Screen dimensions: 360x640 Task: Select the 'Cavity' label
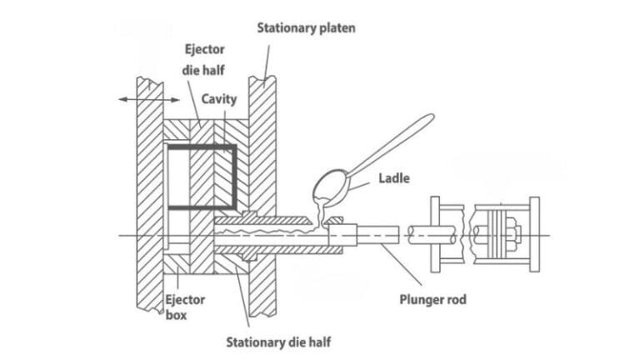(x=219, y=99)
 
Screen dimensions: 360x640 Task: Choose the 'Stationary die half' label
(x=278, y=342)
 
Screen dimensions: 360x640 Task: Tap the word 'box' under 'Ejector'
(x=176, y=316)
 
